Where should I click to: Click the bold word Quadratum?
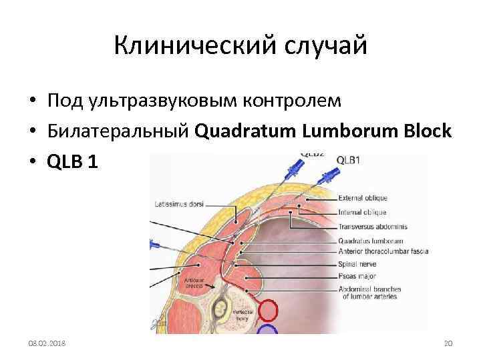pyautogui.click(x=243, y=131)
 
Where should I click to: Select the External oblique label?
pyautogui.click(x=363, y=197)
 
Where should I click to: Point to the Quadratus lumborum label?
pyautogui.click(x=370, y=241)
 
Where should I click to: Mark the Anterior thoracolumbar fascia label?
pyautogui.click(x=383, y=251)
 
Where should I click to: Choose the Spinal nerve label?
pyautogui.click(x=357, y=264)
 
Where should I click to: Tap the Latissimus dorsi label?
pyautogui.click(x=179, y=203)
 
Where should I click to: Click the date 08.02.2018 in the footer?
pyautogui.click(x=47, y=343)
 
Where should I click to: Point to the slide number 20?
pyautogui.click(x=448, y=343)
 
